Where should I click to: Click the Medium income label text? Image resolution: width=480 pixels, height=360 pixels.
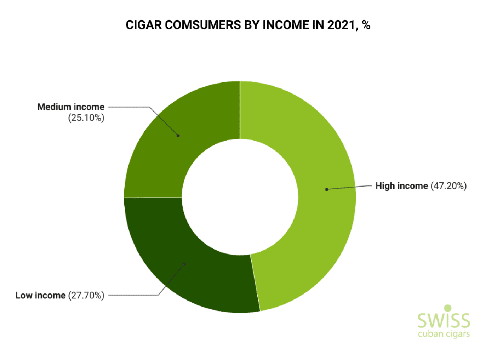[71, 107]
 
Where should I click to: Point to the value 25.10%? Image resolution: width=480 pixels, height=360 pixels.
[86, 118]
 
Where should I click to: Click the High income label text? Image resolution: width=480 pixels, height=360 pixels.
[401, 186]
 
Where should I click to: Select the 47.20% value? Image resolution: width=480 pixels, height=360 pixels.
[448, 186]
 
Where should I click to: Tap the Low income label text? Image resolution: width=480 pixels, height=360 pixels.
[40, 295]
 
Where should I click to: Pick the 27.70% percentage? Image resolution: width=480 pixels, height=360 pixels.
[86, 295]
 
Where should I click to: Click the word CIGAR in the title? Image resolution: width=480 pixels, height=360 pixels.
[144, 25]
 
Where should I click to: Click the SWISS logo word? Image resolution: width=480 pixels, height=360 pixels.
[444, 320]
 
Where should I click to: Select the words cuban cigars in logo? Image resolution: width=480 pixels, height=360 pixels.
[444, 334]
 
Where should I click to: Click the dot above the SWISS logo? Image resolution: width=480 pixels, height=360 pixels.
[448, 308]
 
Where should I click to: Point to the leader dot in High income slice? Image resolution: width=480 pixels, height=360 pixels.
[327, 189]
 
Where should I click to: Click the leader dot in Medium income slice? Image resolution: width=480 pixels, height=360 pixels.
[178, 136]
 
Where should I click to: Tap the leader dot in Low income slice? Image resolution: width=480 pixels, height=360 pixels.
[184, 264]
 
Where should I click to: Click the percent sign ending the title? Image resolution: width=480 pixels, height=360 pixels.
[366, 25]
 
